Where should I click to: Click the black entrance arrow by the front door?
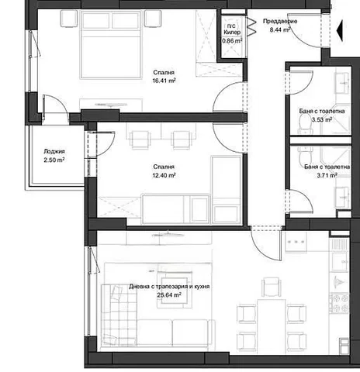340,30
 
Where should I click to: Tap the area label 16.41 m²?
164,81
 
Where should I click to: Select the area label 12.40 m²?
164,175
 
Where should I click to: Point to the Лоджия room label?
54,152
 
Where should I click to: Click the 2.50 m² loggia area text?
54,160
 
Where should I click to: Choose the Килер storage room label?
232,33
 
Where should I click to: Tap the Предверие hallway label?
280,22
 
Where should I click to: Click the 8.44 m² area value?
280,29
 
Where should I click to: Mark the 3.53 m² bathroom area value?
322,119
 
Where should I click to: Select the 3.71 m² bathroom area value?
327,175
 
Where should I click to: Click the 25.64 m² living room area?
169,294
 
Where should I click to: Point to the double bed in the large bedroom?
112,44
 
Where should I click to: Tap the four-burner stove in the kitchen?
339,303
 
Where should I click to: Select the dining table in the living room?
271,326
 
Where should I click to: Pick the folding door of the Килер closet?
251,26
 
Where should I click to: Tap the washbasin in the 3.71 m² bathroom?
343,197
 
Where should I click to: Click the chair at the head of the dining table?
271,287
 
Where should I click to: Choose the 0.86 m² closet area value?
232,41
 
